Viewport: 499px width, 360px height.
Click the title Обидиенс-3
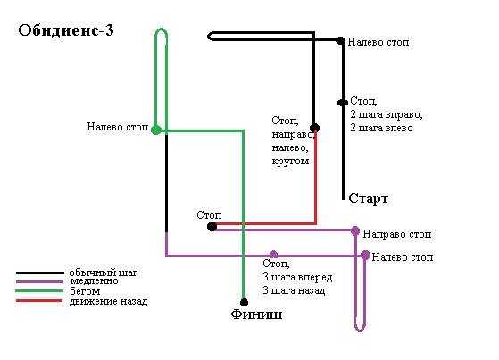tap(66, 30)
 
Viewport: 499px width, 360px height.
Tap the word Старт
tap(368, 198)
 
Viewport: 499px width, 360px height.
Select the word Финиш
tap(256, 314)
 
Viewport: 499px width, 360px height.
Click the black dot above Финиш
tap(244, 302)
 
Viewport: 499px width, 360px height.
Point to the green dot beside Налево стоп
tap(155, 130)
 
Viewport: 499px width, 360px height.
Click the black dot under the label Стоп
tap(212, 227)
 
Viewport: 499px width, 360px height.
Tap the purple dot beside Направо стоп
tap(355, 230)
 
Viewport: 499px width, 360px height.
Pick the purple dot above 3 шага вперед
tap(273, 255)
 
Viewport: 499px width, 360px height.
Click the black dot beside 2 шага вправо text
tap(343, 103)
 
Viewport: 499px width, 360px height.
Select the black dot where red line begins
tap(314, 128)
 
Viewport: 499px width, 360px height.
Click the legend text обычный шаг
tap(104, 272)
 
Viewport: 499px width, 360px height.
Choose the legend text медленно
tap(95, 281)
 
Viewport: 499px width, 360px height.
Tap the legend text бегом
tap(85, 291)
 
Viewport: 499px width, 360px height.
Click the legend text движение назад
tap(109, 301)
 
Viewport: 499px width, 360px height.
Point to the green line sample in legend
tap(39, 291)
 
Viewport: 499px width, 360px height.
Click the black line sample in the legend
tap(39, 272)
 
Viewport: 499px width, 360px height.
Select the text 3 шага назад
tap(294, 290)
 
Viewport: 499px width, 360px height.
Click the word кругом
tap(290, 161)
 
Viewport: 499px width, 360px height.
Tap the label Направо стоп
tap(397, 234)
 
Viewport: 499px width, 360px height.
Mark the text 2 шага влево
tap(381, 128)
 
